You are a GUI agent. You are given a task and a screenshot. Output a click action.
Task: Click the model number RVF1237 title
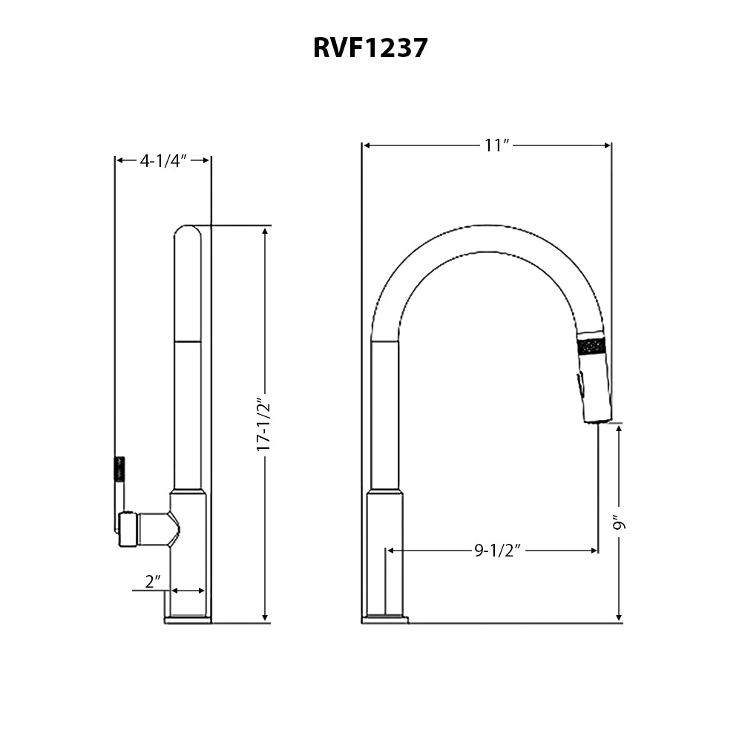(370, 47)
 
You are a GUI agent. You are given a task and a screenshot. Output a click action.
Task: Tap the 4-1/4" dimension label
(162, 160)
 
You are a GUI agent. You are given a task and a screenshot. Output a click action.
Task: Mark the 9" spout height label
(620, 523)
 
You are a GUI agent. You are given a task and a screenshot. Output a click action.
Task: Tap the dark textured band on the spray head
(592, 347)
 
